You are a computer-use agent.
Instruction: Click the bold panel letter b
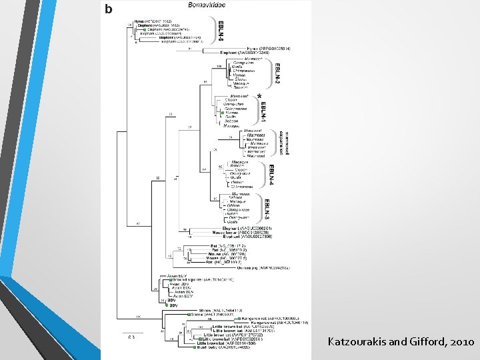point(109,8)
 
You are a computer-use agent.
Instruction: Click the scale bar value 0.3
point(132,337)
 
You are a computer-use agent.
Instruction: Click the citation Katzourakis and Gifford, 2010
point(401,342)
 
